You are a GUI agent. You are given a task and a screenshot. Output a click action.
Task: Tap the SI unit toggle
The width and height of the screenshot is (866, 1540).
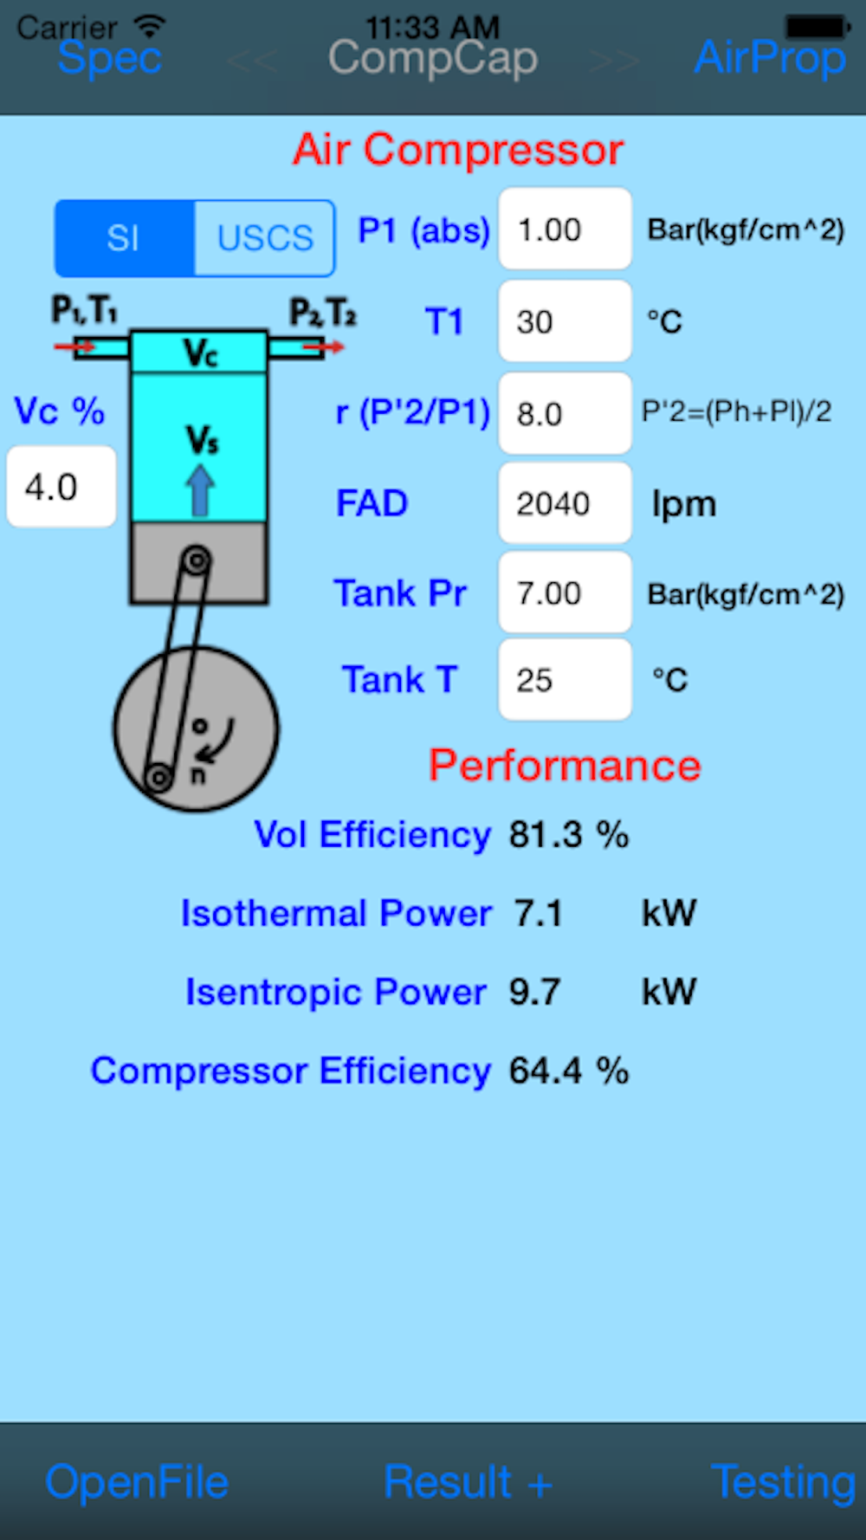125,238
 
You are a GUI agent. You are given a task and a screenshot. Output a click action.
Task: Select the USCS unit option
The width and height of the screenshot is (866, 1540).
264,238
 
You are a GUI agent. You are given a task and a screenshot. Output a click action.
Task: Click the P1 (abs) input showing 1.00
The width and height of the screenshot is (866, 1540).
565,230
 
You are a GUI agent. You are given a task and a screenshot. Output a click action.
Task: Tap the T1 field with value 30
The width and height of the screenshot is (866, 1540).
565,321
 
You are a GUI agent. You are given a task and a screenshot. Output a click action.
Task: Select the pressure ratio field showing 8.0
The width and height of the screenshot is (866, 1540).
565,413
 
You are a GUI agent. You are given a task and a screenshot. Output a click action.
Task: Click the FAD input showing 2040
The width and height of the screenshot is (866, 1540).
565,503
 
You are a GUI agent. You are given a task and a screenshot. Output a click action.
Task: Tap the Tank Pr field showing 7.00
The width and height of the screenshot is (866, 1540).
565,593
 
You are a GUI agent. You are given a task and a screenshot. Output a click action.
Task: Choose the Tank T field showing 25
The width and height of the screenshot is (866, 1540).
565,680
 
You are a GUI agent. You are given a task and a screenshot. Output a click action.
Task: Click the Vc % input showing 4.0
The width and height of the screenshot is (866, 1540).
61,487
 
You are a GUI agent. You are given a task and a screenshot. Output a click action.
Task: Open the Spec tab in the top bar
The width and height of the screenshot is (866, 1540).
110,58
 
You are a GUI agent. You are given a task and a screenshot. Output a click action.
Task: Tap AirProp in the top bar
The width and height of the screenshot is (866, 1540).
770,58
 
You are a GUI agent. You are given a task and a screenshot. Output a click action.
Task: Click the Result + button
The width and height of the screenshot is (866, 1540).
468,1482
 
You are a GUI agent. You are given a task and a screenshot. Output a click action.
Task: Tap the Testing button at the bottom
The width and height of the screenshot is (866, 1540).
783,1482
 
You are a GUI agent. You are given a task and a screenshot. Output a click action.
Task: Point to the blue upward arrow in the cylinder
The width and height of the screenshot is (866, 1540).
200,491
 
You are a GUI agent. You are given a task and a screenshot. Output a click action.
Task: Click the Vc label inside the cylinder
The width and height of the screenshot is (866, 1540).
200,353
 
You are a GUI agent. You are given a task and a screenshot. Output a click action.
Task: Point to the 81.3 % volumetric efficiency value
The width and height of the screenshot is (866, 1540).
568,835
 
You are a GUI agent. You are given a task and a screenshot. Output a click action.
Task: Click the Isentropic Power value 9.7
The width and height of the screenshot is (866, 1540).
534,992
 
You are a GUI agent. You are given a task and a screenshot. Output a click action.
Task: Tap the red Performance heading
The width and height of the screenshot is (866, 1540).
565,766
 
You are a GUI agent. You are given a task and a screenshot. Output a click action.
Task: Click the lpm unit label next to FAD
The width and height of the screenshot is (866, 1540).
683,504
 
